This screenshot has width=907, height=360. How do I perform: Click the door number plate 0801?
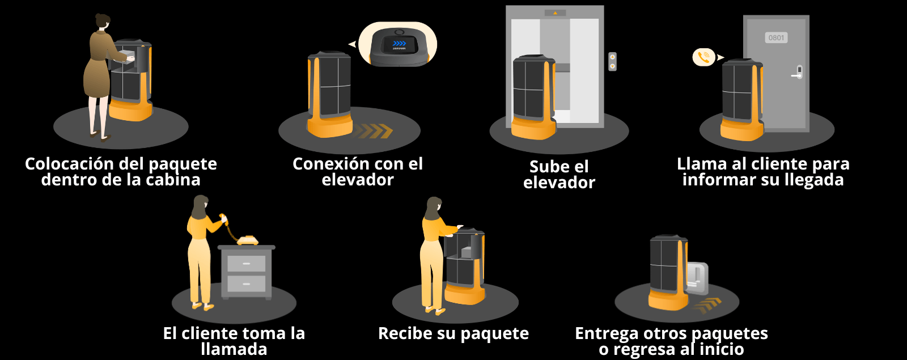(x=776, y=38)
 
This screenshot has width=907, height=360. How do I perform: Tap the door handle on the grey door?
(x=798, y=73)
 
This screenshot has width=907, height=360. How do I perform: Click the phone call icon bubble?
(x=703, y=57)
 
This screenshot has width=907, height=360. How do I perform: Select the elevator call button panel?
(x=612, y=61)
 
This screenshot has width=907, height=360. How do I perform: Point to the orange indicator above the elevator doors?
(x=555, y=12)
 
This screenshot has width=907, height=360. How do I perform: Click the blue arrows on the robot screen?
(x=399, y=43)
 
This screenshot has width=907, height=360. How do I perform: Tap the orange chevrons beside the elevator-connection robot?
(x=376, y=131)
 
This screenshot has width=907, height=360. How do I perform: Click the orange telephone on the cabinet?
(x=247, y=240)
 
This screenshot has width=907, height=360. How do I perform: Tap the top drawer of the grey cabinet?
(x=246, y=264)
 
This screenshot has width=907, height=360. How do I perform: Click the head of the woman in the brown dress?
(x=103, y=22)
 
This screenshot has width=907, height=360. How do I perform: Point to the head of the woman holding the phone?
(x=200, y=204)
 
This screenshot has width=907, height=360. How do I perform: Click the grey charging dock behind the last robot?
(x=697, y=277)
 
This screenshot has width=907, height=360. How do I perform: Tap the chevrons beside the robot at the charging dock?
(x=707, y=305)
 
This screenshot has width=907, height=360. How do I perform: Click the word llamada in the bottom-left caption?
(x=234, y=349)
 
